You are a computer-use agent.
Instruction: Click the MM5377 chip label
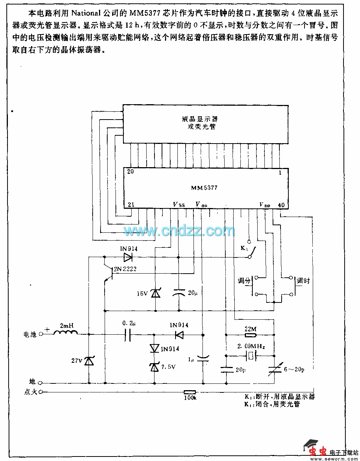tap(204, 188)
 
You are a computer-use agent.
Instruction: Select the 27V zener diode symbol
tap(88, 361)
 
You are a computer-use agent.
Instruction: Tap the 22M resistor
tap(250, 330)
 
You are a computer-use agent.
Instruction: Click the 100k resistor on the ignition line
tap(190, 392)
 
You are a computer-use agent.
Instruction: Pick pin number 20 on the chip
tap(130, 172)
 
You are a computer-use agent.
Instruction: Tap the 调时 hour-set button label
tap(304, 280)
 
